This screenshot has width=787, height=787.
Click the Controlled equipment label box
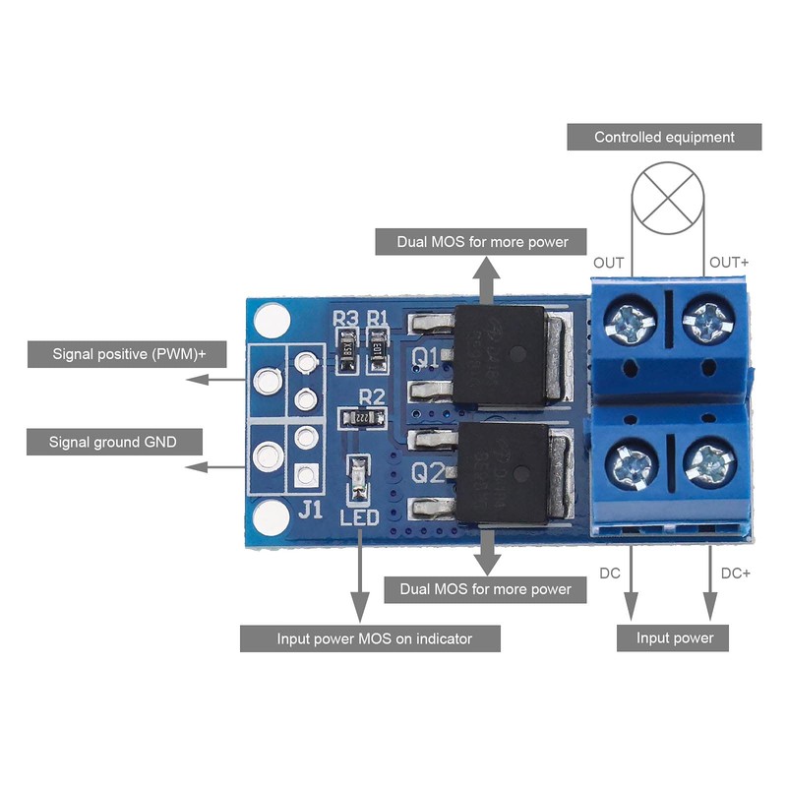pyautogui.click(x=664, y=137)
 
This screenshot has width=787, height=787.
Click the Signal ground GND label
pyautogui.click(x=112, y=442)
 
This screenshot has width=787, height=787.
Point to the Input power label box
pyautogui.click(x=674, y=637)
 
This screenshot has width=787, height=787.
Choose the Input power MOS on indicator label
pyautogui.click(x=370, y=638)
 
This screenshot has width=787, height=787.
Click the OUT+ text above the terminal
pyautogui.click(x=729, y=263)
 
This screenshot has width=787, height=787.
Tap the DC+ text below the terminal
pyautogui.click(x=736, y=573)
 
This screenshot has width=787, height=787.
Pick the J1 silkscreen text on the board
pyautogui.click(x=310, y=509)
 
